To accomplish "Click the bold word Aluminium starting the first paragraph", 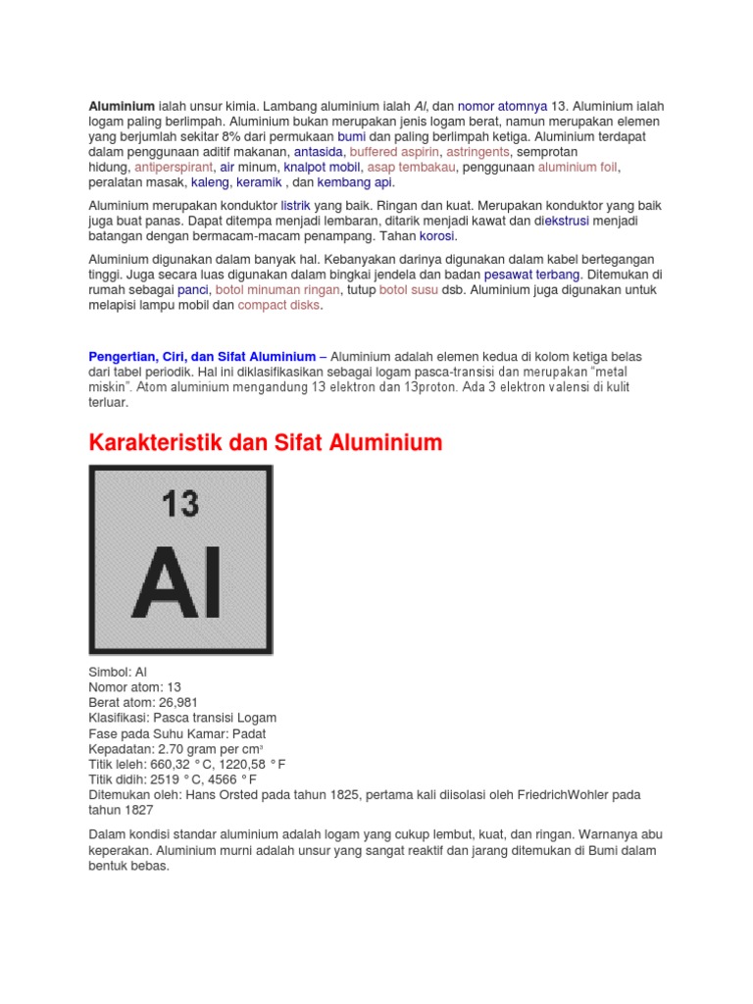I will (x=122, y=105).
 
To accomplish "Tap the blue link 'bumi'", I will (x=351, y=136).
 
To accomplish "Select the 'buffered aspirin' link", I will (x=394, y=152).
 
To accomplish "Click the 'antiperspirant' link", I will (x=173, y=168).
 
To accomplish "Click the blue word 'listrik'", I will (x=295, y=207).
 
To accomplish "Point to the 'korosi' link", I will (x=437, y=237).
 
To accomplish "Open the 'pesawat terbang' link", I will (x=532, y=276).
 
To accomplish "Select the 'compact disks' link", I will (x=278, y=306).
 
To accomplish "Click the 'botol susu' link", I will (x=409, y=290).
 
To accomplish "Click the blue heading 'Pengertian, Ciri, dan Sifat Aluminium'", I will (x=202, y=357).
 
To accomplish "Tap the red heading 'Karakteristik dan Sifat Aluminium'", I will (x=266, y=443).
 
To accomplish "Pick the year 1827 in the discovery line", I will (x=138, y=811).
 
